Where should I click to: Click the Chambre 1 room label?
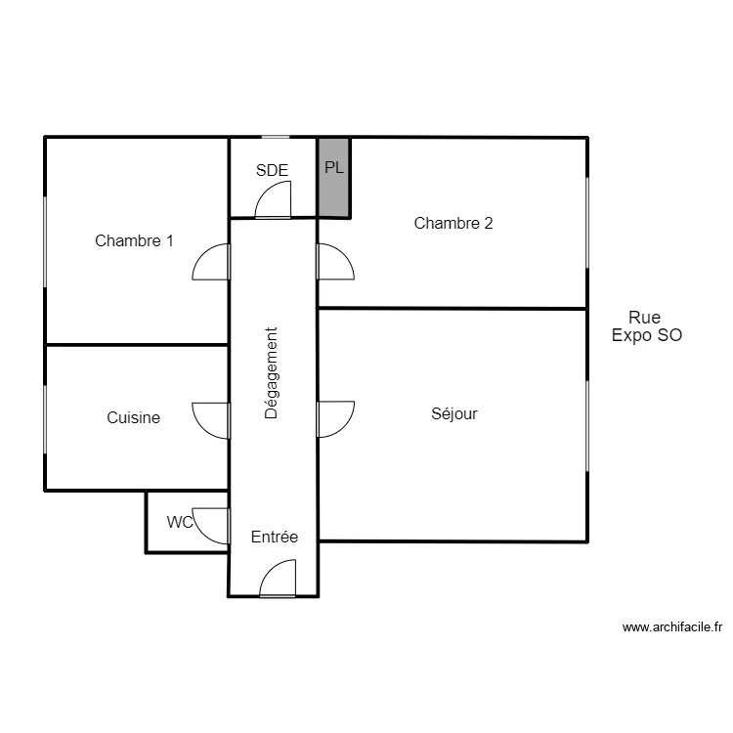pyautogui.click(x=134, y=240)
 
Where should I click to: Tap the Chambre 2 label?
pyautogui.click(x=453, y=223)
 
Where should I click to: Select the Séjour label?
pyautogui.click(x=454, y=413)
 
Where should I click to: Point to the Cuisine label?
pyautogui.click(x=133, y=417)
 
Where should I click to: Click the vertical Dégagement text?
pyautogui.click(x=271, y=373)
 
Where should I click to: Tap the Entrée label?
pyautogui.click(x=275, y=537)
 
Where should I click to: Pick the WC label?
pyautogui.click(x=180, y=522)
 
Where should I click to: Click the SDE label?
pyautogui.click(x=272, y=170)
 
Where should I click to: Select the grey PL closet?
pyautogui.click(x=334, y=178)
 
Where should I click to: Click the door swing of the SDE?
pyautogui.click(x=273, y=199)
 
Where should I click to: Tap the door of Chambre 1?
pyautogui.click(x=211, y=262)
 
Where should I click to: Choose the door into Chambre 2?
pyautogui.click(x=335, y=262)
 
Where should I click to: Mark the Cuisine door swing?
pyautogui.click(x=211, y=420)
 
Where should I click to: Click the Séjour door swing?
pyautogui.click(x=335, y=419)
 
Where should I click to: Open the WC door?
pyautogui.click(x=211, y=526)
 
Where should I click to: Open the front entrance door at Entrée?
pyautogui.click(x=278, y=579)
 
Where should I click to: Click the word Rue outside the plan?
pyautogui.click(x=645, y=318)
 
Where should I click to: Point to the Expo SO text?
pyautogui.click(x=647, y=335)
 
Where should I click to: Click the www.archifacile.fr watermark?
pyautogui.click(x=672, y=627)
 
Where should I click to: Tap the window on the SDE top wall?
pyautogui.click(x=276, y=137)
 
